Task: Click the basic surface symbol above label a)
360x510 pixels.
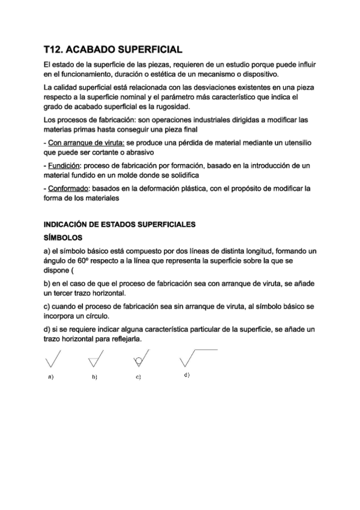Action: pyautogui.click(x=52, y=360)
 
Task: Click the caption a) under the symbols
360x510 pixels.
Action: pyautogui.click(x=51, y=377)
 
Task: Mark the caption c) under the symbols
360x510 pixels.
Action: pyautogui.click(x=138, y=377)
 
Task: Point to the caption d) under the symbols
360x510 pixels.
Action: pyautogui.click(x=187, y=375)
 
